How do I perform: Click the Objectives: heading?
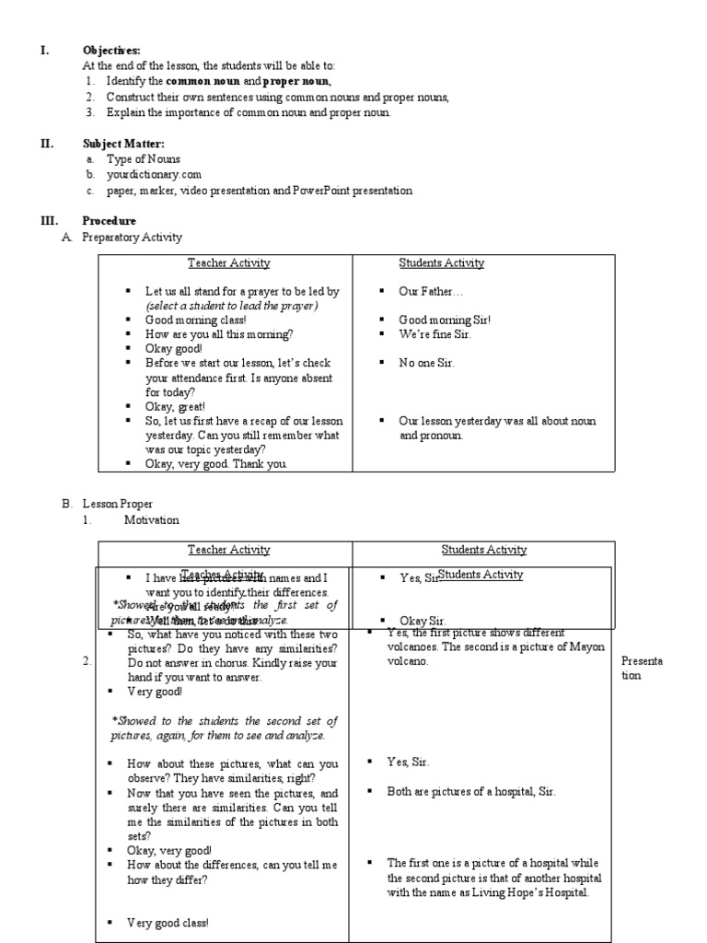[111, 51]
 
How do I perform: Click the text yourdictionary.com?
[154, 174]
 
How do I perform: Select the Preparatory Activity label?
[132, 238]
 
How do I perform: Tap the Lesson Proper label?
[117, 504]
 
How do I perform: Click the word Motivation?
[152, 520]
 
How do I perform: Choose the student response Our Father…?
[424, 291]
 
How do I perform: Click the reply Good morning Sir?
[445, 320]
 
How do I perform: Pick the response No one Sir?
[426, 363]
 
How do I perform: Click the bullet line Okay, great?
[175, 406]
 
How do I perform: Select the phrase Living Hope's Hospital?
[541, 892]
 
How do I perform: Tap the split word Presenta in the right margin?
[643, 661]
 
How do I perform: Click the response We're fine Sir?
[435, 334]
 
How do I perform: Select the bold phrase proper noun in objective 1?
[297, 82]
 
